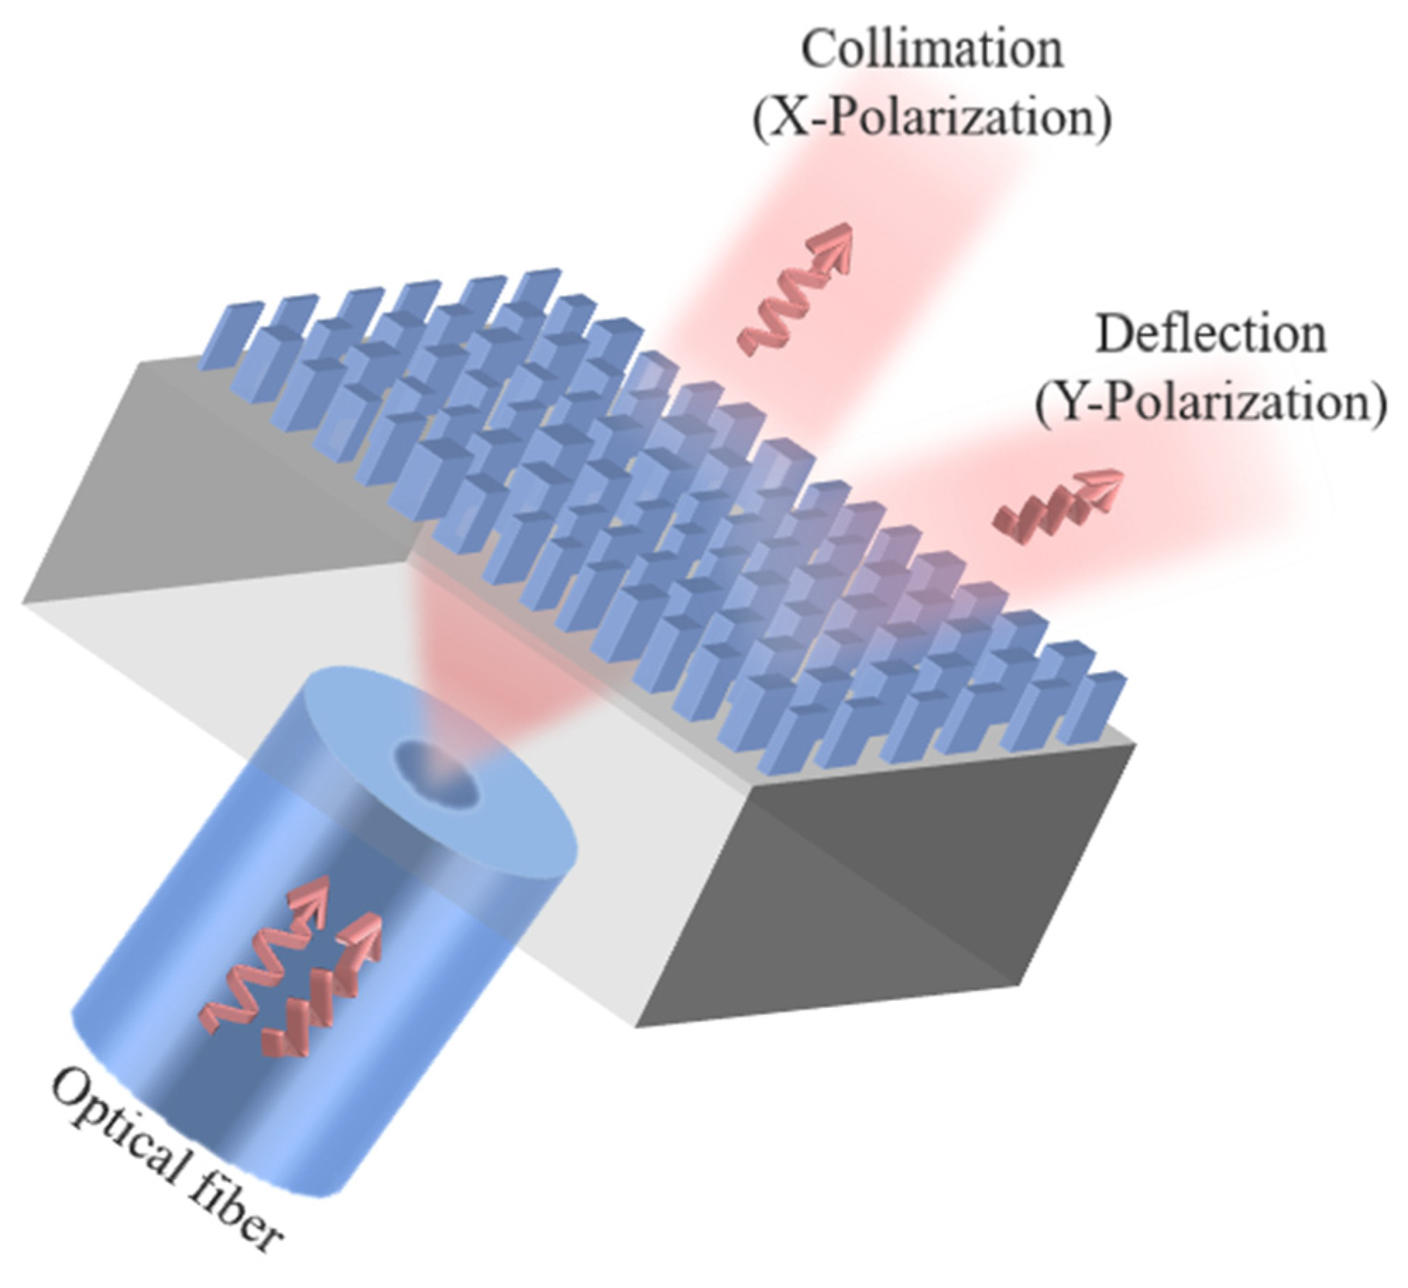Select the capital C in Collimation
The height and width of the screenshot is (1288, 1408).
click(x=819, y=51)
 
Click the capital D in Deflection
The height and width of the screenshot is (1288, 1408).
click(x=1113, y=336)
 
